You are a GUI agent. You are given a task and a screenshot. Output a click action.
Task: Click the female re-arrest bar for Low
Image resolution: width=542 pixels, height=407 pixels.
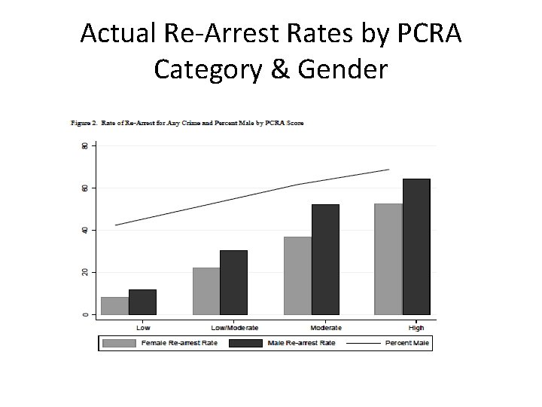114,305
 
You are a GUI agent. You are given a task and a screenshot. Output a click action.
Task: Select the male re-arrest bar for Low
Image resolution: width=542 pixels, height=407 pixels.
142,301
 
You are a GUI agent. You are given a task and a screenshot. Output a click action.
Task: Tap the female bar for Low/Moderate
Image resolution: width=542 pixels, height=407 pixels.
206,291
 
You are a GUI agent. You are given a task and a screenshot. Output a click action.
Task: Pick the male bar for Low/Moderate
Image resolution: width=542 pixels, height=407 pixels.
233,282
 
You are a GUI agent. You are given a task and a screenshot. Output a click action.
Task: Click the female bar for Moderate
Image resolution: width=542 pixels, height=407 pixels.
297,275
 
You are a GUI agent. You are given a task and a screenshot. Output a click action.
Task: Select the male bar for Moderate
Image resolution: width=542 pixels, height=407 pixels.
325,259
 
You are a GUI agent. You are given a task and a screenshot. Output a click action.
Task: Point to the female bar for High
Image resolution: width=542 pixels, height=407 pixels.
388,259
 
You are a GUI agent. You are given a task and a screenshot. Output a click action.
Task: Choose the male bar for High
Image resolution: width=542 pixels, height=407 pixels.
416,246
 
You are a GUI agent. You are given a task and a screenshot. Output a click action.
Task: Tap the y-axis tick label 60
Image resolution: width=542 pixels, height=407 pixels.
84,187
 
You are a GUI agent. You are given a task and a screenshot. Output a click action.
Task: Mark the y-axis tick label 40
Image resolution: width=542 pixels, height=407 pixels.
84,229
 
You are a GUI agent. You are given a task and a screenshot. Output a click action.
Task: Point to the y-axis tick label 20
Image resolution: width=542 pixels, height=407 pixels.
84,271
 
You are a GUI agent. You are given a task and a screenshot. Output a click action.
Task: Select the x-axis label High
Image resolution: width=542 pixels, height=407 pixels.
416,328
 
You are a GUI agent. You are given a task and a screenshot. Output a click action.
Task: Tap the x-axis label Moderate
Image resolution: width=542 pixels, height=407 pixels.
325,328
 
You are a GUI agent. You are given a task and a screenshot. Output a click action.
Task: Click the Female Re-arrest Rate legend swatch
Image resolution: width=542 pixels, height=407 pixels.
118,343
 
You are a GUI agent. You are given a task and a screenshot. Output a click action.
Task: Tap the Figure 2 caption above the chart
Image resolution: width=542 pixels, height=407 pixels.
187,122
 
